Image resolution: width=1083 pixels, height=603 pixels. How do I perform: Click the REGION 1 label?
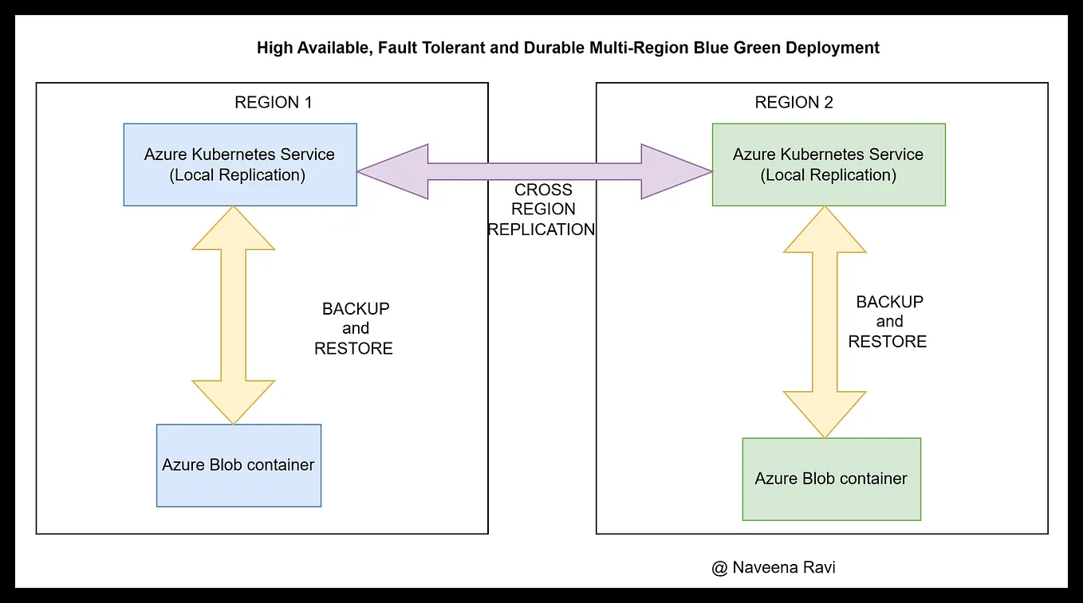(x=273, y=103)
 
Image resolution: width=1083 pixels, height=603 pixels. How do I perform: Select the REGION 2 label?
(x=794, y=103)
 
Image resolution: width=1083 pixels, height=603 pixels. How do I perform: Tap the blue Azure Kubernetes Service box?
(x=239, y=164)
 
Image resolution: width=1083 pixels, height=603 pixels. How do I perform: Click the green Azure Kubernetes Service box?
(x=828, y=164)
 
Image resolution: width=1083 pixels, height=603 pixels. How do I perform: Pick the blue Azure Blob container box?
(x=238, y=465)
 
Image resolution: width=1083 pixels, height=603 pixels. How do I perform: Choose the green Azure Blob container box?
(x=831, y=479)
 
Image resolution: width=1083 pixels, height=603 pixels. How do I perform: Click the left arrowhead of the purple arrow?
(x=396, y=171)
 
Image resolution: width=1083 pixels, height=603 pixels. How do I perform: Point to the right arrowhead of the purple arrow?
(x=675, y=171)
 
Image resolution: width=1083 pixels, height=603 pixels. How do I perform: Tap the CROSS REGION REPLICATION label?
(x=542, y=209)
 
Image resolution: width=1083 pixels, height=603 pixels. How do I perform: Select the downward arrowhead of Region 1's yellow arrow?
(x=234, y=401)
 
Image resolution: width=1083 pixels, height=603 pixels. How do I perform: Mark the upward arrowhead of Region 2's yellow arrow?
(x=825, y=230)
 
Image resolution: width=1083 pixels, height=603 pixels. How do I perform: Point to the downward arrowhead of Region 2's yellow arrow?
(x=825, y=414)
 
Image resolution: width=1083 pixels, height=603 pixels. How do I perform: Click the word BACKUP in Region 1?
(x=356, y=309)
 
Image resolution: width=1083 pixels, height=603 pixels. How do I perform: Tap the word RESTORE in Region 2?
(x=887, y=342)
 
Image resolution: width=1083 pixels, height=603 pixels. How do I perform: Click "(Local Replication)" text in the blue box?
(x=238, y=175)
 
